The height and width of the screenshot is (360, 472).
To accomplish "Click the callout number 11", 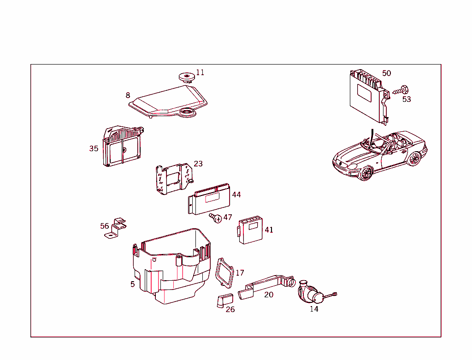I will coord(200,72).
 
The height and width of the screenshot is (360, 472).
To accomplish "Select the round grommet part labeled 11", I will coord(187,77).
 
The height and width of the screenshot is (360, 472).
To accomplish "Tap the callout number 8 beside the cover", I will coord(128,95).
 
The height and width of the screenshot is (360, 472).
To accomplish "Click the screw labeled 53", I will coord(402,90).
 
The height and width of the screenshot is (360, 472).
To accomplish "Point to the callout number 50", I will coord(386,73).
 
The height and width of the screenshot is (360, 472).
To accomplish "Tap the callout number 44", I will coord(236,195).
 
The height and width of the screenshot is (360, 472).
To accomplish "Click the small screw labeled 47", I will coord(215,217).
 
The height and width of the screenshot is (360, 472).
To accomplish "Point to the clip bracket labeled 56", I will coord(115,229).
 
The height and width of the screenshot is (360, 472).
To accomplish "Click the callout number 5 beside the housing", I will coord(132,284).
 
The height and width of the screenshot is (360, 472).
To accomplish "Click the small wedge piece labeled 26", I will coord(221,301).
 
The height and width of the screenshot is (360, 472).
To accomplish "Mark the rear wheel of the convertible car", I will coord(414,158).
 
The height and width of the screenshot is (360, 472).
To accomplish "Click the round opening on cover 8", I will coord(187,112).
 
